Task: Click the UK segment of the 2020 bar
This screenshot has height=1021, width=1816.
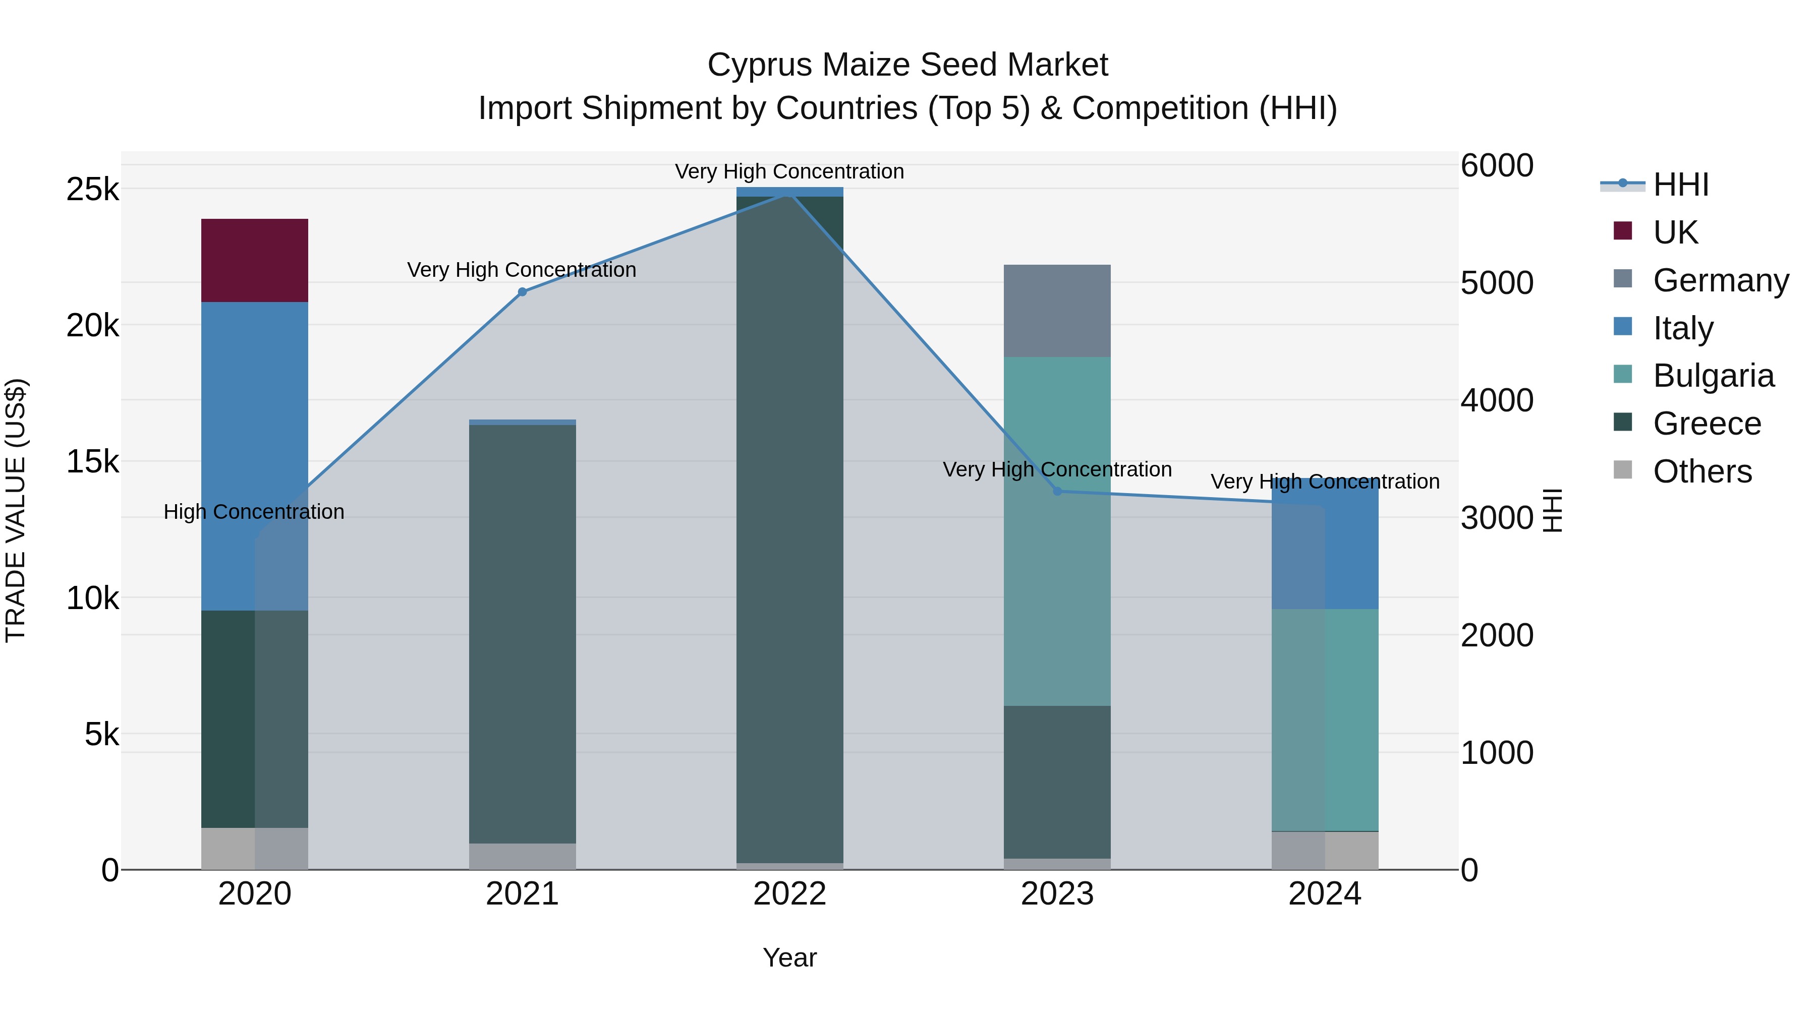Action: (255, 260)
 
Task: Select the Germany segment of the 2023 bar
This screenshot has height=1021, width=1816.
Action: (1057, 311)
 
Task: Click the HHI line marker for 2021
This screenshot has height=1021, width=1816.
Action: (523, 292)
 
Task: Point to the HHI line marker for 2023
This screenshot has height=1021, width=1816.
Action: (1057, 491)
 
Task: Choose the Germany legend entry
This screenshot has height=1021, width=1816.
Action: (1720, 280)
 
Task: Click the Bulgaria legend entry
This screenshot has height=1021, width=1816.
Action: (1713, 376)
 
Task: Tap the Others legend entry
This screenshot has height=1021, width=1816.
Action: (1702, 471)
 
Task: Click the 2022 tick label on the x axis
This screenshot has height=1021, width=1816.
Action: (789, 894)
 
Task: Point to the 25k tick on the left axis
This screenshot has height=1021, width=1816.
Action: (92, 190)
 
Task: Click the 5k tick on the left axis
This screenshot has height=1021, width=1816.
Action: (101, 734)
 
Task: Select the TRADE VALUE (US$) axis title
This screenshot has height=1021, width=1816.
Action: (16, 510)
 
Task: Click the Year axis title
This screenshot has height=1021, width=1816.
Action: (789, 957)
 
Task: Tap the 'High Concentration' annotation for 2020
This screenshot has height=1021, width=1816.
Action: (254, 512)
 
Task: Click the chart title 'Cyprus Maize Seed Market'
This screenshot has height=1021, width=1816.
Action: (907, 65)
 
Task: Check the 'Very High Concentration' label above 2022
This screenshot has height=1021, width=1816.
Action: (789, 171)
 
